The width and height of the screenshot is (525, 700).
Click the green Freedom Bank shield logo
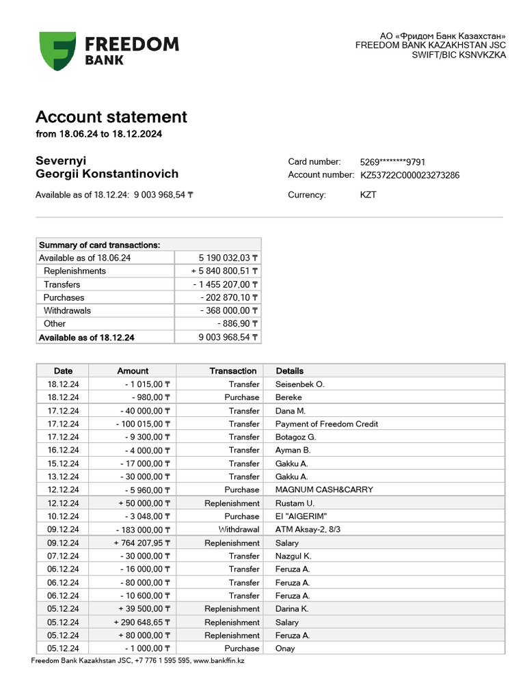coord(57,51)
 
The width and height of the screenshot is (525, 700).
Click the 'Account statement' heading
coord(111,117)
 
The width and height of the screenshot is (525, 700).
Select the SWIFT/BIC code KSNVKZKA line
coord(459,55)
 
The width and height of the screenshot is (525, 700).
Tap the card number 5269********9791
coord(392,162)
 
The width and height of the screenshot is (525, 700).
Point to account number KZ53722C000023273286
coord(410,175)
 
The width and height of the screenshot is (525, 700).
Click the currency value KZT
coord(368,195)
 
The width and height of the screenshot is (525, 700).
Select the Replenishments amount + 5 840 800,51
coord(224,271)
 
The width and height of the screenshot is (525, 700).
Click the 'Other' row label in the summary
coord(55,323)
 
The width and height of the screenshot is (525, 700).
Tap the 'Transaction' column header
coord(233,371)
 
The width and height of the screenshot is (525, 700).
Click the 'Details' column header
coord(290,371)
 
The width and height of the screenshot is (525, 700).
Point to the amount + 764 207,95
coord(142,543)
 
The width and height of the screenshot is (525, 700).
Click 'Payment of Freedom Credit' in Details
coord(326,424)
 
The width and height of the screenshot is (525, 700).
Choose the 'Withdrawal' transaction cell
coord(239,529)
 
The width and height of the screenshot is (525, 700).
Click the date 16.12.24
coord(63,450)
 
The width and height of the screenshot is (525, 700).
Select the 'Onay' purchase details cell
coord(285,648)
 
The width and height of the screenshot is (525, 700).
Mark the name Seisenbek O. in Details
coord(299,384)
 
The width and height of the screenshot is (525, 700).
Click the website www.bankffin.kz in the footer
coord(219,660)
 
